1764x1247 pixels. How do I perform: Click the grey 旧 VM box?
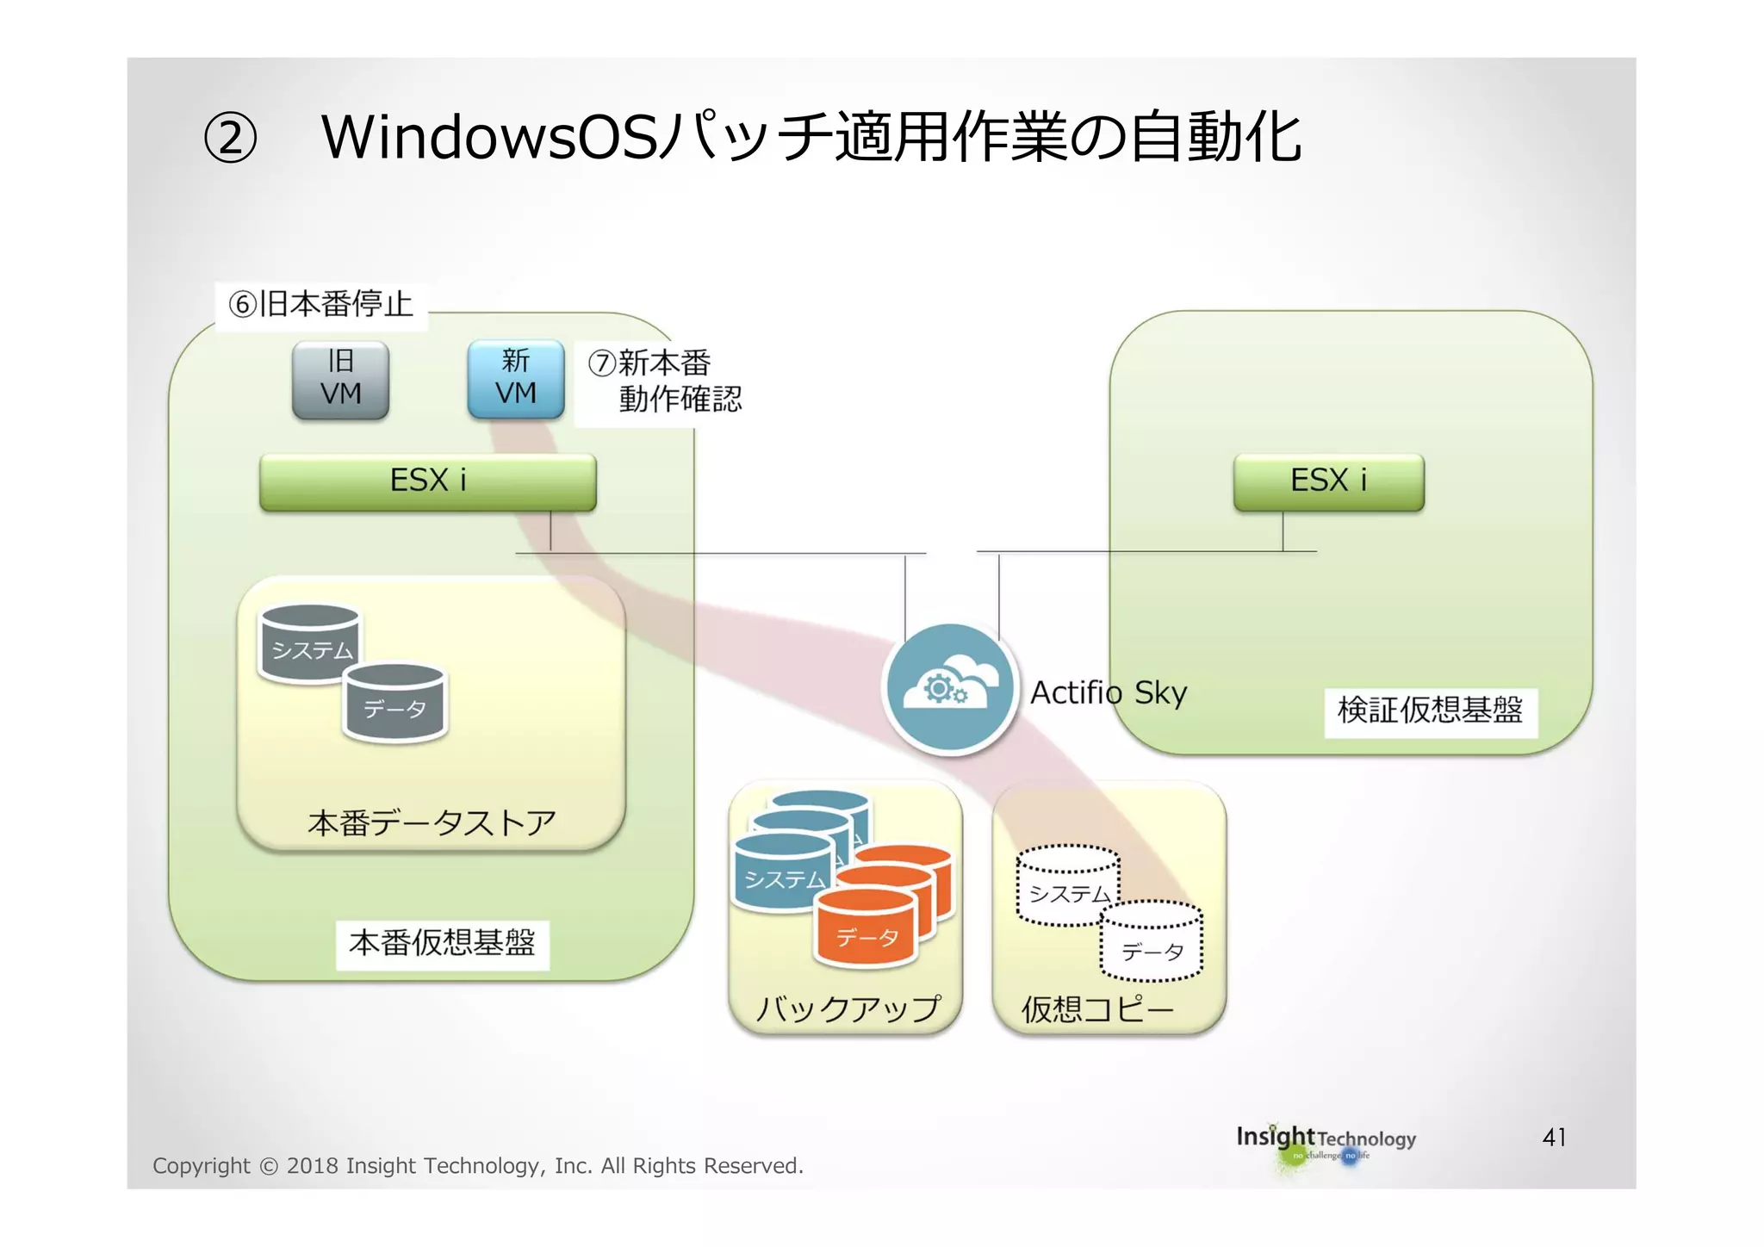coord(340,380)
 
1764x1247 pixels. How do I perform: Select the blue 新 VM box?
coord(515,379)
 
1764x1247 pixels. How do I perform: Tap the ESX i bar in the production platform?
coord(427,481)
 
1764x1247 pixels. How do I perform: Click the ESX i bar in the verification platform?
coord(1328,481)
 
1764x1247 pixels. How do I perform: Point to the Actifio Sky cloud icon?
coord(950,688)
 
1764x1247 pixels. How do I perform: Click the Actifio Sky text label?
coord(1109,692)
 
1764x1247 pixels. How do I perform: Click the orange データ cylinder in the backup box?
coord(866,930)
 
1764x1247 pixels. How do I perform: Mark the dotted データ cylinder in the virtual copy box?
coord(1152,944)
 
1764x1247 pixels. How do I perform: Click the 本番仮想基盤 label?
coord(442,943)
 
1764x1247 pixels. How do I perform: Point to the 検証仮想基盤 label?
coord(1430,710)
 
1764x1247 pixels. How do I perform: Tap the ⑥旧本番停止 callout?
coord(320,304)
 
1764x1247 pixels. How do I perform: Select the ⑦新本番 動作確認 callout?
coord(664,381)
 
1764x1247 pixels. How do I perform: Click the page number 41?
coord(1554,1138)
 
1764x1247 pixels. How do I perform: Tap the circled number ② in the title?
coord(230,139)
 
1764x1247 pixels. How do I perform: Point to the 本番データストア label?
coord(432,822)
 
